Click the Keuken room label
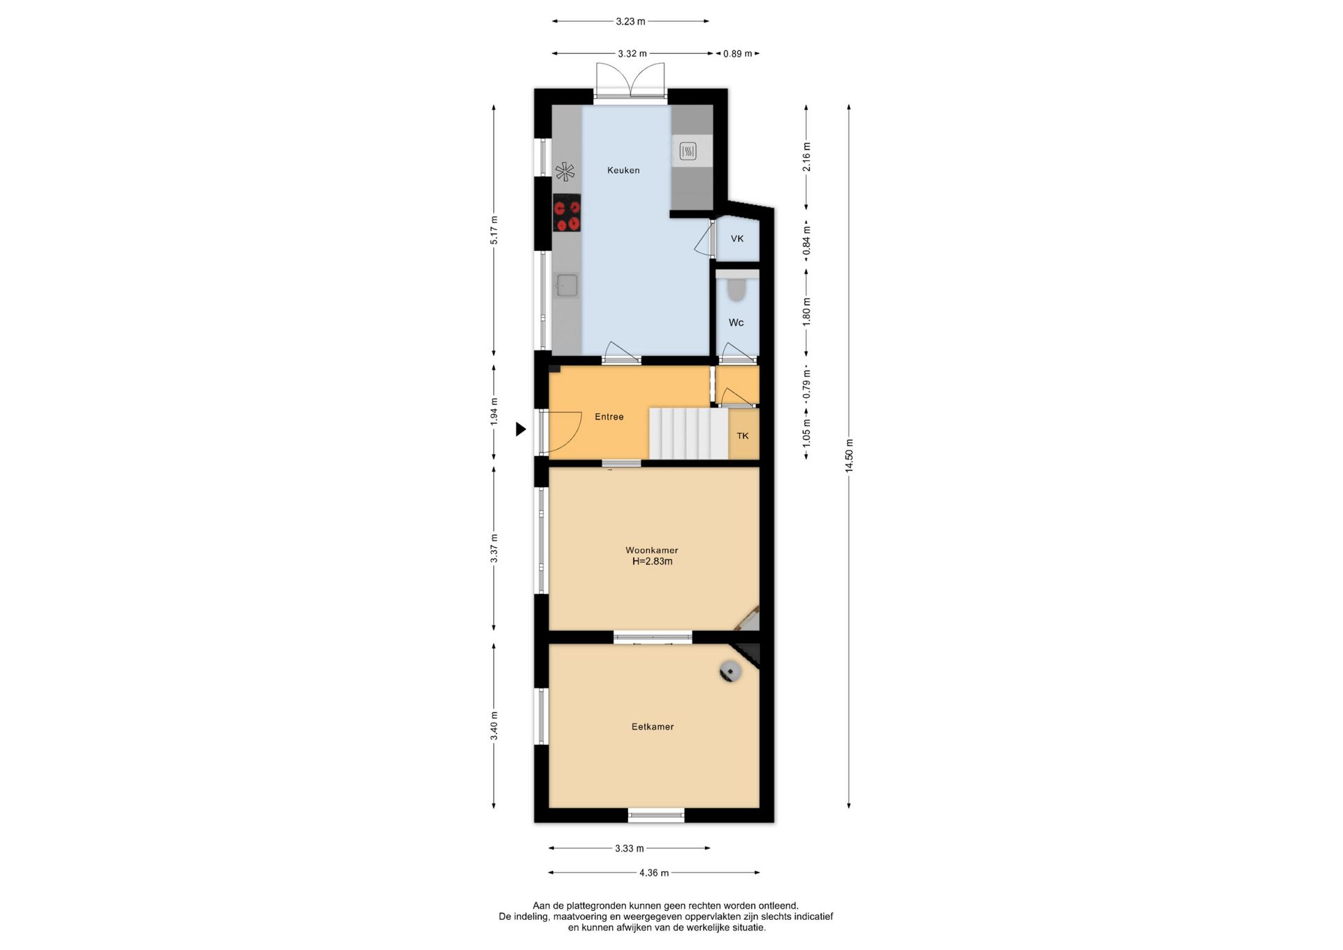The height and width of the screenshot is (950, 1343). coord(623,170)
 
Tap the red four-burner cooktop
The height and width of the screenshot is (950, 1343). coord(567,213)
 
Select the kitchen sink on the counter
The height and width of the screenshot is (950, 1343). coord(567,285)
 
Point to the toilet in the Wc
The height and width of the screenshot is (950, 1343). coord(737,288)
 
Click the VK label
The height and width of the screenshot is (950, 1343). coord(737,239)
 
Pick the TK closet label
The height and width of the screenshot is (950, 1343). coord(743,436)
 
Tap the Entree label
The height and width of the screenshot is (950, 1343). coord(609,416)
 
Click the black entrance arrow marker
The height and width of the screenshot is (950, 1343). coord(520,429)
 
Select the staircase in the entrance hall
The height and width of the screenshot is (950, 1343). coord(689,434)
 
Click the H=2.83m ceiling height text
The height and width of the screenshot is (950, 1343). coord(653,561)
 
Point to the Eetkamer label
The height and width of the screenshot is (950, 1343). coord(653,727)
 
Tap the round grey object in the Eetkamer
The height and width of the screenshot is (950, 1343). coord(730,671)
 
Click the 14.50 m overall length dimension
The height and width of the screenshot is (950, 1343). coord(849,456)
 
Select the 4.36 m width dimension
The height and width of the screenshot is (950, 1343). coord(654,872)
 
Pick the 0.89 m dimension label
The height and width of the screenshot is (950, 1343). coord(737,53)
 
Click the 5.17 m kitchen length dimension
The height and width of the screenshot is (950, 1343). coord(494,230)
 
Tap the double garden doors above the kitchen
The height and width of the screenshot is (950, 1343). coord(630,80)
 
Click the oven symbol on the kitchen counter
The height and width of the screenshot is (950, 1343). coord(688,150)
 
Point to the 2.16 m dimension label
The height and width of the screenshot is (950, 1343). coord(806,157)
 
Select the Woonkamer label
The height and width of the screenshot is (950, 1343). coord(652,551)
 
